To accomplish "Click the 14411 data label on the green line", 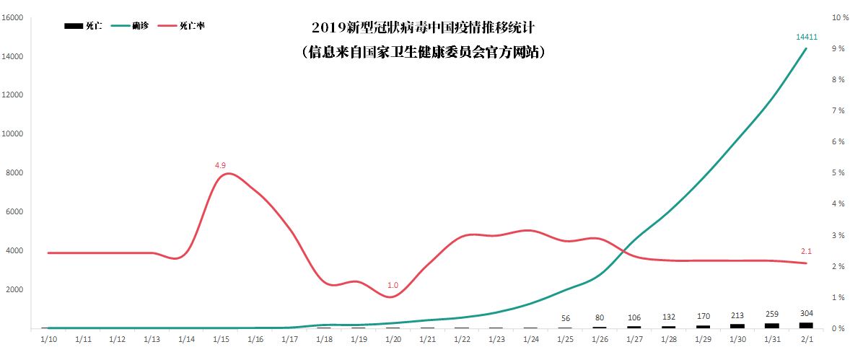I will click(x=806, y=36).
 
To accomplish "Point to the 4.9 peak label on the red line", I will click(x=220, y=165).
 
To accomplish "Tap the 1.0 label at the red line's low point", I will click(x=393, y=285).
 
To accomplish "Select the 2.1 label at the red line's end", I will click(x=806, y=251).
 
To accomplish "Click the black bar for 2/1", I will click(x=806, y=325).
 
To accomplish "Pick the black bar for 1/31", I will click(x=771, y=326).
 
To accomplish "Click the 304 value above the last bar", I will click(x=806, y=313).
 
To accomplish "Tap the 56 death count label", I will click(x=565, y=318).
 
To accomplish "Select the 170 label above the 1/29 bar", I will click(x=703, y=316).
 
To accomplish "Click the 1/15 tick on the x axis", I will click(x=220, y=338).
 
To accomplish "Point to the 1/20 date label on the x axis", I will click(x=393, y=338).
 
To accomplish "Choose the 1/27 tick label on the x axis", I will click(x=634, y=338).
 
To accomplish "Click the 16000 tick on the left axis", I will click(x=14, y=17).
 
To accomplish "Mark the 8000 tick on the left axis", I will click(x=17, y=173).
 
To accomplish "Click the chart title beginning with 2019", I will click(x=424, y=29).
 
